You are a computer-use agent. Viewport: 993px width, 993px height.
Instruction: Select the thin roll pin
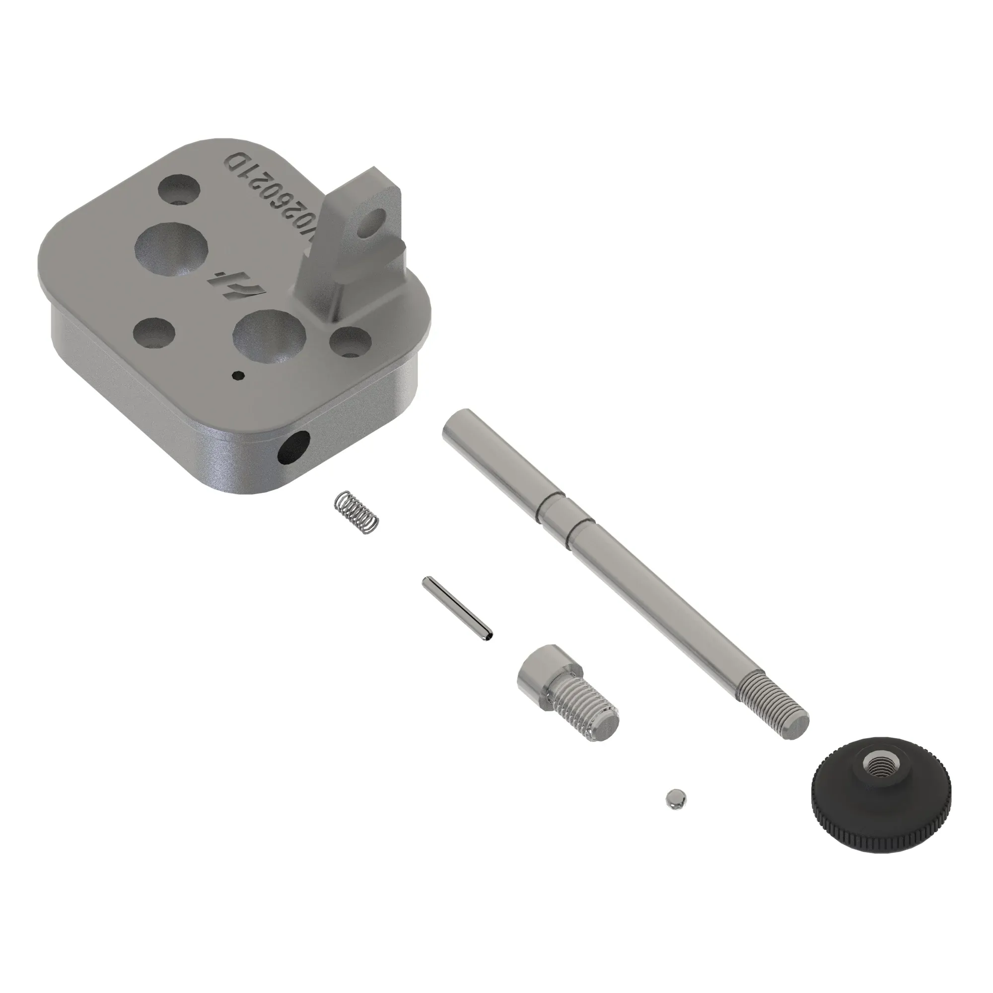pos(456,609)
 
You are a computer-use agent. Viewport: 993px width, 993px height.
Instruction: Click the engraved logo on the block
pos(239,284)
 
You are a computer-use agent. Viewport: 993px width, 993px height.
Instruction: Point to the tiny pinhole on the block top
pos(237,376)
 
